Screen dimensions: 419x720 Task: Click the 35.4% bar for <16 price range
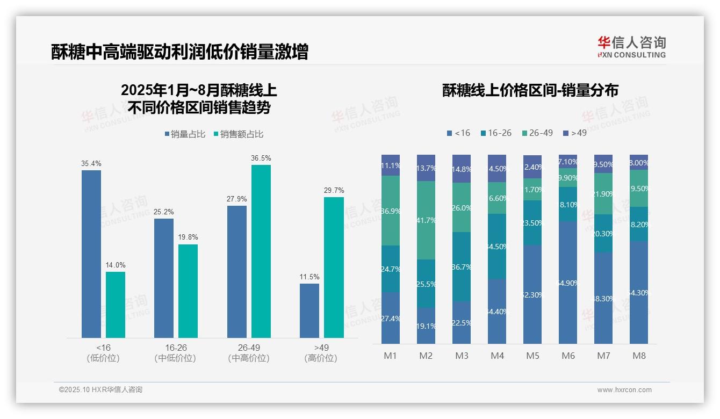[x=91, y=254]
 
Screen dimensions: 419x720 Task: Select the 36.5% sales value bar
[x=261, y=251]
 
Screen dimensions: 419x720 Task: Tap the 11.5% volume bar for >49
[x=309, y=310]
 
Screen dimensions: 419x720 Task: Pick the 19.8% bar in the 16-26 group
[x=188, y=291]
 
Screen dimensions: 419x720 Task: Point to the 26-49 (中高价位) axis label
[x=249, y=353]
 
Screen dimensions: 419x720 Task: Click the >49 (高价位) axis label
[x=321, y=353]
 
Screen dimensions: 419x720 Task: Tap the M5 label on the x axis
[x=532, y=356]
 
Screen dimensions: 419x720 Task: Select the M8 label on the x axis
[x=639, y=356]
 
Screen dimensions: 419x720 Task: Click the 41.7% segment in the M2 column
[x=426, y=220]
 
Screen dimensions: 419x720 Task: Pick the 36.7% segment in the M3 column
[x=462, y=266]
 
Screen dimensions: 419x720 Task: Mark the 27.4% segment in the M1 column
[x=391, y=318]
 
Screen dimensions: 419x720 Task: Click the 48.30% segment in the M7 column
[x=603, y=298]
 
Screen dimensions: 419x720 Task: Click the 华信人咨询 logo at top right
[x=631, y=47]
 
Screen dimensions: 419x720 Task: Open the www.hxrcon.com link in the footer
[x=624, y=390]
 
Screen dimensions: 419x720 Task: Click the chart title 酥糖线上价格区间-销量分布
[x=530, y=90]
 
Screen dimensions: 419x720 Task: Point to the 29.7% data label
[x=334, y=191]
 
